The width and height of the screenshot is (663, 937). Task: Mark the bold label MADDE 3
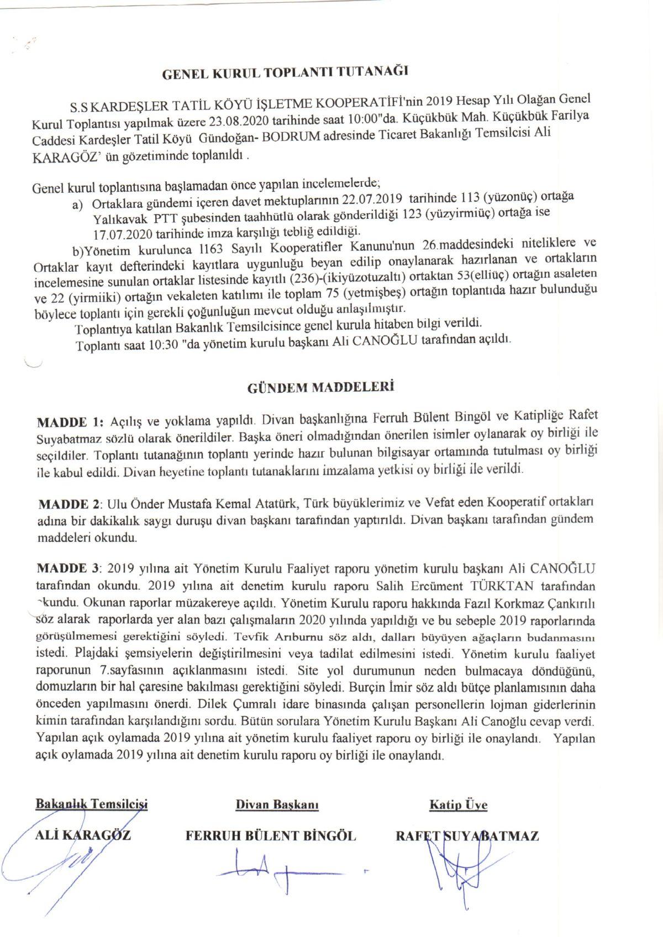[x=69, y=568]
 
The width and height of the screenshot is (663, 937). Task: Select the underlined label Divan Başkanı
[x=277, y=805]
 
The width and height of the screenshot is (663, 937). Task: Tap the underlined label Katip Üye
[x=458, y=805]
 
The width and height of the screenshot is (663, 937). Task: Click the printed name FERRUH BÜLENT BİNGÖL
[x=271, y=836]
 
